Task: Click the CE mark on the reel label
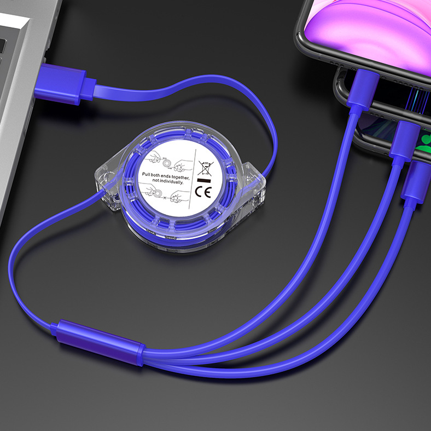tap(203, 192)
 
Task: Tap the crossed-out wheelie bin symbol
tap(206, 168)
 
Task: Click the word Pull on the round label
tap(147, 174)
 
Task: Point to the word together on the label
tap(180, 178)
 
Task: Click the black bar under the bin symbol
tap(204, 181)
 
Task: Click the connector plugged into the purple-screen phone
tap(363, 90)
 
